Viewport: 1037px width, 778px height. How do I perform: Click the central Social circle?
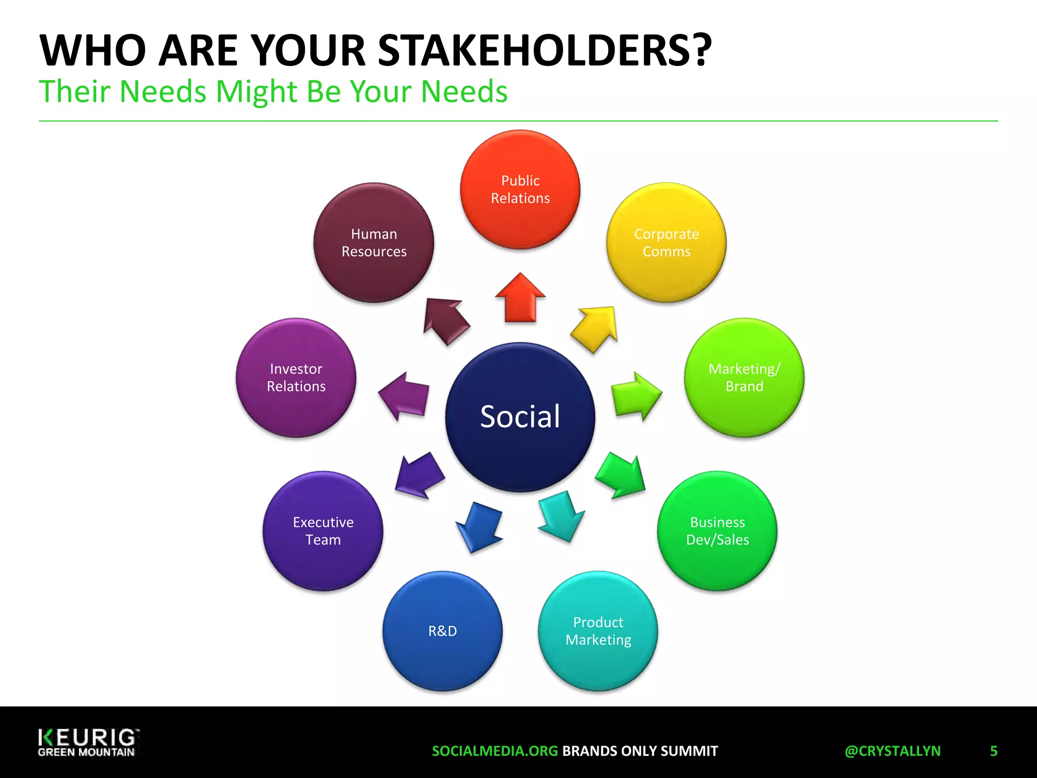pos(520,417)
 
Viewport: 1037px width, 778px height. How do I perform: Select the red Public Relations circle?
pos(520,189)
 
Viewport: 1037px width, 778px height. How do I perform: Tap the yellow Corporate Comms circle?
pos(666,243)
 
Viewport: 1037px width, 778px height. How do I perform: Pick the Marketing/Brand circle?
pos(744,377)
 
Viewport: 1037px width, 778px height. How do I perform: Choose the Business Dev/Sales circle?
pos(717,531)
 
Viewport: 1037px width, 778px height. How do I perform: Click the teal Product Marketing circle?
pos(598,631)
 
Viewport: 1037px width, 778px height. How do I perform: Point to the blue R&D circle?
pos(443,631)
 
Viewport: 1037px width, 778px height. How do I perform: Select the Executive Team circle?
pos(323,531)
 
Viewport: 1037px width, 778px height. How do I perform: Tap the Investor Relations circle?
pos(296,377)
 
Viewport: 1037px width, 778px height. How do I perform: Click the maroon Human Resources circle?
pos(374,243)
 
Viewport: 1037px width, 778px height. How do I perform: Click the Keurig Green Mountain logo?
pos(87,743)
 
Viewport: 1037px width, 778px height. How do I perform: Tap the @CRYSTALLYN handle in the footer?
pos(892,751)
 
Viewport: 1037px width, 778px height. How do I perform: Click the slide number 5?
pos(993,751)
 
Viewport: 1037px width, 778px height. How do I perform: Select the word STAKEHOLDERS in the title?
pos(544,51)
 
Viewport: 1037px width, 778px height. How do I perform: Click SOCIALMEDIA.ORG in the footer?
pos(495,751)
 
